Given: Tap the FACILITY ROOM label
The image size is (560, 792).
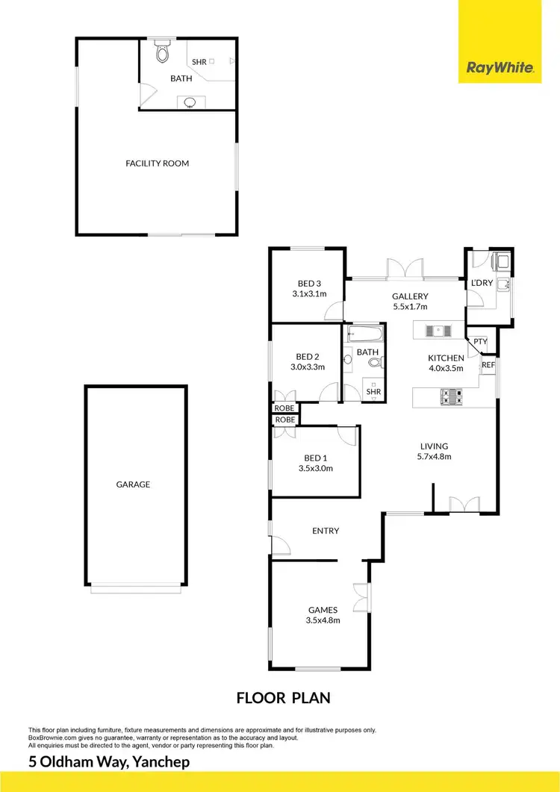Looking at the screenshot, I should click(x=157, y=163).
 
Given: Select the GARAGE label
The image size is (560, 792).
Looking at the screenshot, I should click(x=133, y=484).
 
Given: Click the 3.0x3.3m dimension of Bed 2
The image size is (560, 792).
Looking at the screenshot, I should click(x=308, y=367).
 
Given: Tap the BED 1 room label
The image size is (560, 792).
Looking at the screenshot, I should click(x=314, y=458).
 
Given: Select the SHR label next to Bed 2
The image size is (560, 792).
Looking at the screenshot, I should click(x=373, y=392).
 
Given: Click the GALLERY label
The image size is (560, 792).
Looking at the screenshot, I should click(x=410, y=296).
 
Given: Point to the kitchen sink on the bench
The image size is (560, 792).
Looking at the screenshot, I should click(x=434, y=331).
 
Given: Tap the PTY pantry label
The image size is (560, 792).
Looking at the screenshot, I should click(x=480, y=343).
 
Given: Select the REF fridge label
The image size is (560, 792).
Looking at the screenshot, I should click(x=488, y=365).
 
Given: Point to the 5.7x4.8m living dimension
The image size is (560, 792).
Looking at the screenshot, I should click(x=434, y=457).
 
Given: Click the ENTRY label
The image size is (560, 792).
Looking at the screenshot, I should click(x=326, y=531).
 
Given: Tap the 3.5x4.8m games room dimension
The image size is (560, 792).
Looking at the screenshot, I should click(x=323, y=620).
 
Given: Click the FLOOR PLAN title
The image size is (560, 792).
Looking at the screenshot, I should click(x=283, y=699).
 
